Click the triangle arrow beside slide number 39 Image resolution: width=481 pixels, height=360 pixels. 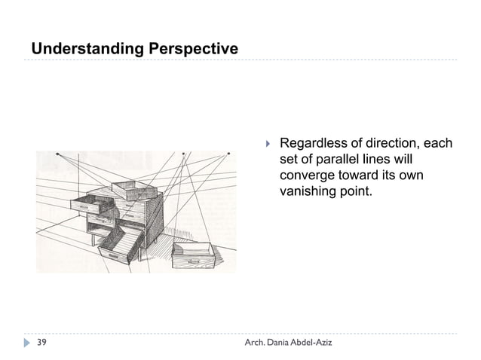28,343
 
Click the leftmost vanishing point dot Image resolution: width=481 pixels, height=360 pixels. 59,153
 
